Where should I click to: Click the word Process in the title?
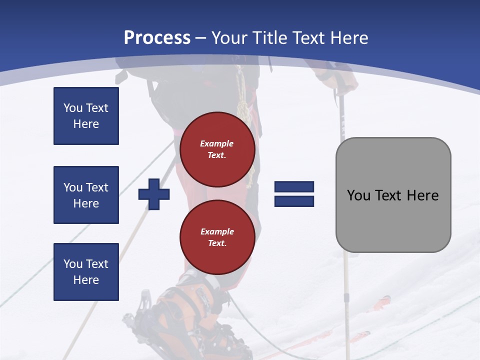(157, 38)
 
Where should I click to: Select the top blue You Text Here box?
(86, 116)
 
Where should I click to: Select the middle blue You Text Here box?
(86, 195)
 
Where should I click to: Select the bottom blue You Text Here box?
(86, 272)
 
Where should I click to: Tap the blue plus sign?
(154, 194)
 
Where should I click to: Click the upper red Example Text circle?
(217, 149)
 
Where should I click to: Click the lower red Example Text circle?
(217, 237)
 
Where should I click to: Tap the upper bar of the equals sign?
(294, 187)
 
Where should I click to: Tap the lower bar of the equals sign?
(294, 201)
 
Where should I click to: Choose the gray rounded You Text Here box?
(393, 195)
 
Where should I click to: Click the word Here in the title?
(349, 38)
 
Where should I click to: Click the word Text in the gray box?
(392, 195)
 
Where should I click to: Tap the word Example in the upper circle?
(217, 143)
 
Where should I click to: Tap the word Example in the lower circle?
(217, 231)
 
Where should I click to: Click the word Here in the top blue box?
(86, 124)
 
